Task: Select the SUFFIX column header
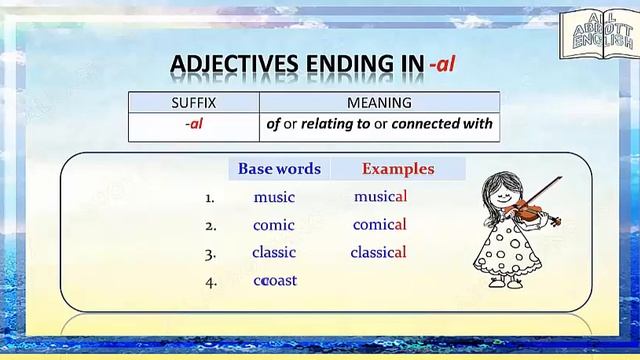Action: (x=193, y=102)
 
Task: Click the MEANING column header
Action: (x=379, y=102)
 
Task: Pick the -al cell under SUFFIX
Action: (x=193, y=125)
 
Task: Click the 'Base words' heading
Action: (x=279, y=169)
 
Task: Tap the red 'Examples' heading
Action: (x=398, y=169)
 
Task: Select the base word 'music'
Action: (x=274, y=197)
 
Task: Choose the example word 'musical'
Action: (x=380, y=197)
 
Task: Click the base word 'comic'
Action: (x=274, y=225)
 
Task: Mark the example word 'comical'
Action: (x=380, y=225)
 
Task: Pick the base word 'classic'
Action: (x=274, y=252)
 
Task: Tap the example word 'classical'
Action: (x=378, y=252)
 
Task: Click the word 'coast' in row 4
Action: (x=276, y=280)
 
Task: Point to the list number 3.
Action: (x=210, y=254)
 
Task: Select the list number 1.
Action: (x=210, y=198)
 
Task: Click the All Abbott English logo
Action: (x=597, y=36)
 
